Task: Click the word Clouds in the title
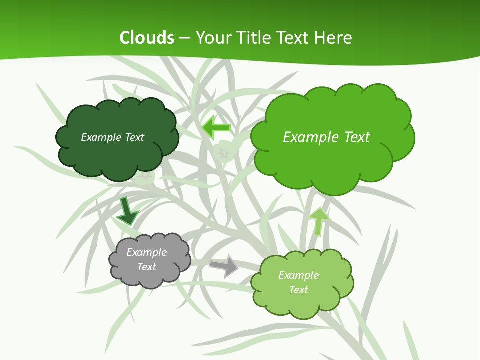(x=147, y=38)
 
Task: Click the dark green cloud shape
(x=117, y=155)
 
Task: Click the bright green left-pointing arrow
(x=216, y=128)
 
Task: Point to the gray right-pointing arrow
(x=224, y=265)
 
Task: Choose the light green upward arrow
(x=319, y=221)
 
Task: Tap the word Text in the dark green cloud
(x=134, y=137)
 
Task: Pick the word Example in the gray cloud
(x=147, y=252)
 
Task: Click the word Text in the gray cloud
(x=147, y=267)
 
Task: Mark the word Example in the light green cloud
(x=298, y=275)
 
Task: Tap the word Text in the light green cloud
(x=298, y=290)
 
